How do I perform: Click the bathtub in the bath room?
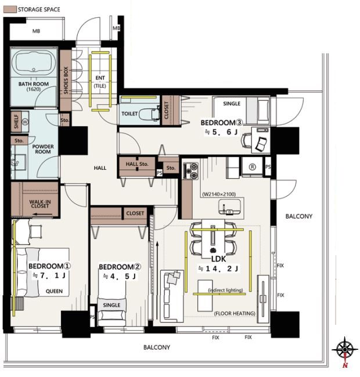pos(34,63)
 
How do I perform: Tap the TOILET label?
pos(129,114)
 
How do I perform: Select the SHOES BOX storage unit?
pos(66,81)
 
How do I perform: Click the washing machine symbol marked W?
pos(25,122)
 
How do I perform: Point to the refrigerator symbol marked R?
pos(252,167)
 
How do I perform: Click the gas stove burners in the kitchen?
pos(191,171)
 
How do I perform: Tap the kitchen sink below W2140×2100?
pos(229,207)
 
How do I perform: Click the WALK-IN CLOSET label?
pos(40,204)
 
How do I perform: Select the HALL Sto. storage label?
pos(137,164)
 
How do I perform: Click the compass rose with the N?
pos(345,350)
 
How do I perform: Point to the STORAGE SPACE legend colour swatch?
pos(10,10)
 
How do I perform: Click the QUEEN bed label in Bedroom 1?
pos(54,291)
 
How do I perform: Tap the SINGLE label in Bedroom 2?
pos(111,305)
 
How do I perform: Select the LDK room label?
pos(218,259)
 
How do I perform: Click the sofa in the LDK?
pos(172,296)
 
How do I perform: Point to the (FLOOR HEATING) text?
pos(235,313)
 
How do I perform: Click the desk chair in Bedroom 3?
pos(246,140)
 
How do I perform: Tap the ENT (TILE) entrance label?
pos(100,82)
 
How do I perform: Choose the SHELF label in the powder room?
pos(16,121)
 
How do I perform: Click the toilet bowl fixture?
pos(149,114)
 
